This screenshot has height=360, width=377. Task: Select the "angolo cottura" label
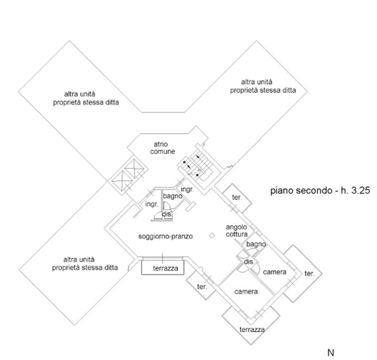236,230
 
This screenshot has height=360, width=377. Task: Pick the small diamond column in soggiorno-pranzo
213,236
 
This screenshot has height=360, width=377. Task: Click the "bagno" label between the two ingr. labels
172,196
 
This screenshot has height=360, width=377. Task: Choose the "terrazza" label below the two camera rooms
251,329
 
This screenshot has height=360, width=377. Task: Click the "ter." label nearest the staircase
236,197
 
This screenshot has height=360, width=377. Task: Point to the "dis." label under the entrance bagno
166,214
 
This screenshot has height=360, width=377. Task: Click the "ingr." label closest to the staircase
187,189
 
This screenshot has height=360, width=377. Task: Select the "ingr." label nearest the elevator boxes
151,204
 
